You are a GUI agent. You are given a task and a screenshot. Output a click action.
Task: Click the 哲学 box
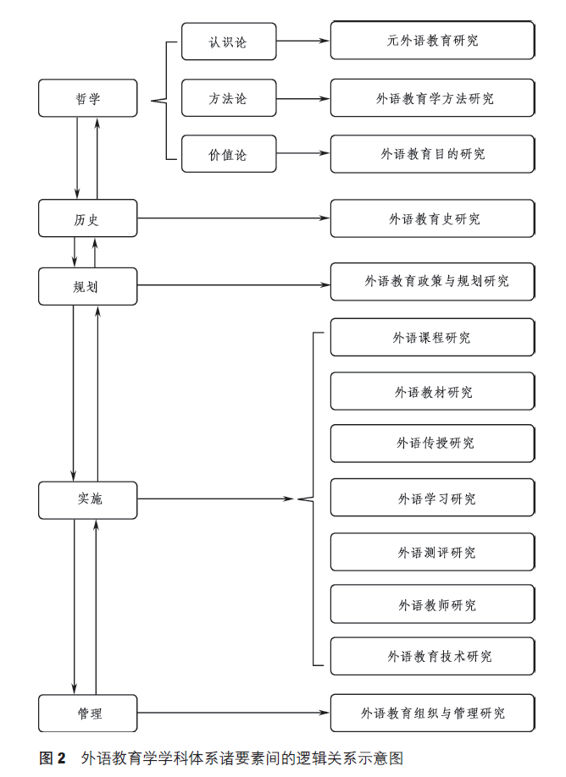click(x=87, y=98)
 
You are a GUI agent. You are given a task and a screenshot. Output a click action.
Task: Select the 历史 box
click(x=87, y=218)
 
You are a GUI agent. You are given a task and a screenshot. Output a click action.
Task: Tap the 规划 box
click(x=87, y=286)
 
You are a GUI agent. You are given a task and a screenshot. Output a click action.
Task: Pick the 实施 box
click(x=87, y=499)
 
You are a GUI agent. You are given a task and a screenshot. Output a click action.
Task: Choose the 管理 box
click(x=87, y=714)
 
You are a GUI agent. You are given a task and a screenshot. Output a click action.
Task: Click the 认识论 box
click(x=229, y=41)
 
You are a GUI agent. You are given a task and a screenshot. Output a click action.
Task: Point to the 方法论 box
click(x=229, y=98)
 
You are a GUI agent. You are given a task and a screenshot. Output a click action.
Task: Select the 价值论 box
click(x=229, y=154)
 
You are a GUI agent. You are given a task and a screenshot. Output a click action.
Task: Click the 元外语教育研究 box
click(x=432, y=41)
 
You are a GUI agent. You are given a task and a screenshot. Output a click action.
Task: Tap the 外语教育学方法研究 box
click(x=432, y=98)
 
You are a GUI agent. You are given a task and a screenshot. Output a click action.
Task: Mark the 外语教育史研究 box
click(x=432, y=218)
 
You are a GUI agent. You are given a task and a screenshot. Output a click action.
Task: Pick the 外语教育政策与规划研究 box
click(x=432, y=281)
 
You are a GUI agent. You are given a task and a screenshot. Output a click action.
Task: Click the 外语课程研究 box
click(x=432, y=338)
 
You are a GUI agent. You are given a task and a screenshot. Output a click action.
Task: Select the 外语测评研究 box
click(x=432, y=552)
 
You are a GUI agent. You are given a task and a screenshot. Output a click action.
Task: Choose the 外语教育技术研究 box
click(x=432, y=656)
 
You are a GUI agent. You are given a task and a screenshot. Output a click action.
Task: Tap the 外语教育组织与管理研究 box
click(x=432, y=714)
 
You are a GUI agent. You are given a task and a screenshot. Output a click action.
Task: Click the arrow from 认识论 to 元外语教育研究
click(x=302, y=41)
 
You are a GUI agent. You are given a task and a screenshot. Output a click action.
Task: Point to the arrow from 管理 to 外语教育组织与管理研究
click(x=233, y=714)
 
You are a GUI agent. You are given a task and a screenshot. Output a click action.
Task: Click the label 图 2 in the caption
click(x=53, y=758)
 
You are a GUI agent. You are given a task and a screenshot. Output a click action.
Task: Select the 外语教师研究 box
click(x=432, y=604)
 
